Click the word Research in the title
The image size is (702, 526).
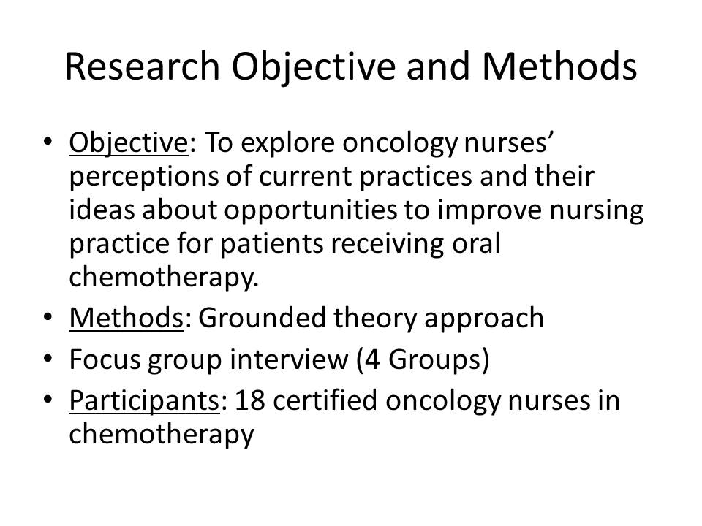point(143,67)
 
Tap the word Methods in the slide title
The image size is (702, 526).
point(559,66)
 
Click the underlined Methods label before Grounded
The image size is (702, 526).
point(127,318)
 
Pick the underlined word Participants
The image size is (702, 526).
point(144,401)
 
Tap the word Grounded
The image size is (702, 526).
point(262,318)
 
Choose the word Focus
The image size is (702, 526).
point(105,359)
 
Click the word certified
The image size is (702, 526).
point(325,400)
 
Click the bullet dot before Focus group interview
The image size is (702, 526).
point(48,359)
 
